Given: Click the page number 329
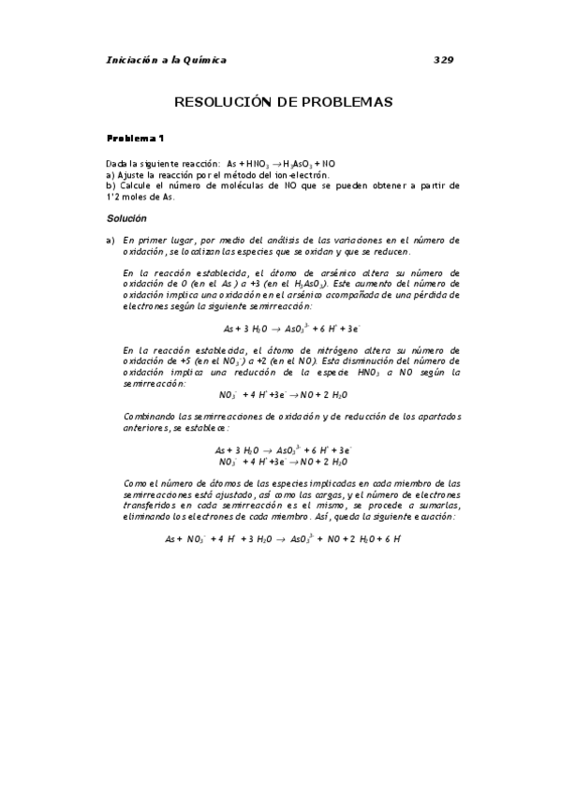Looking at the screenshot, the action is coord(444,60).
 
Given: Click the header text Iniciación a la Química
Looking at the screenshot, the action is coord(167,60).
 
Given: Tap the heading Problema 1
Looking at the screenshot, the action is coord(136,139).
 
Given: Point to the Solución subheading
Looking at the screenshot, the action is coord(127,217).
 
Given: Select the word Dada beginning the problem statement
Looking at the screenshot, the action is coord(118,163).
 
